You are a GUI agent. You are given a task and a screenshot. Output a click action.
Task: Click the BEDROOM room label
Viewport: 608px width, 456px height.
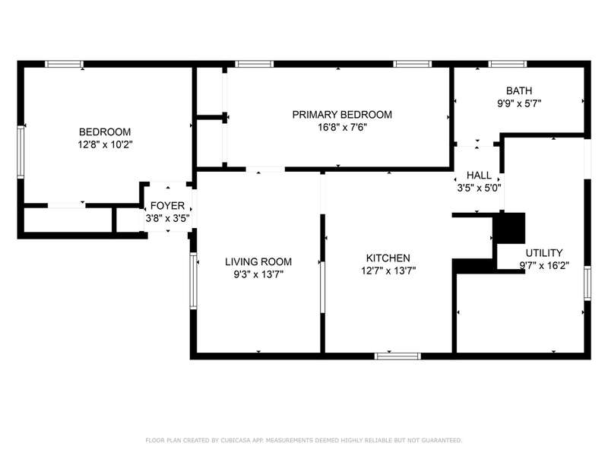click(105, 131)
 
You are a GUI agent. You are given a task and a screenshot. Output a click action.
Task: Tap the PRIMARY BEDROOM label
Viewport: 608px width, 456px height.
click(342, 115)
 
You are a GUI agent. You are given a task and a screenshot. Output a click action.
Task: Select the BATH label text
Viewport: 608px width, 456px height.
click(519, 90)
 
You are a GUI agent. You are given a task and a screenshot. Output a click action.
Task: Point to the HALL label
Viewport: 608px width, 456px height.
click(479, 176)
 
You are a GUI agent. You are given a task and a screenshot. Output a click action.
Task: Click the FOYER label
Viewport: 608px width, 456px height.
click(167, 205)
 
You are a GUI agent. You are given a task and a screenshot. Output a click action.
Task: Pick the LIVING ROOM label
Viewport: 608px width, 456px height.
click(258, 261)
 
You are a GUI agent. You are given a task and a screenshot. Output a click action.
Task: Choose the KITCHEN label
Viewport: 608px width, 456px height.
click(388, 258)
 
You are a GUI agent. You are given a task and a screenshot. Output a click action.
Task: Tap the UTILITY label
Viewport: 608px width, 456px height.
click(544, 253)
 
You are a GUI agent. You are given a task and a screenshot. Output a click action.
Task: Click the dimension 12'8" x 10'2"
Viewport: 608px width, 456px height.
click(105, 144)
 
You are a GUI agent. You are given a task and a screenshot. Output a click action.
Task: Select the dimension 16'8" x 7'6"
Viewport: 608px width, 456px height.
click(342, 127)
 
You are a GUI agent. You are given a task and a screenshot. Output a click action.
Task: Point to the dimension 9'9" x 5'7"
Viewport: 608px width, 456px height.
click(519, 103)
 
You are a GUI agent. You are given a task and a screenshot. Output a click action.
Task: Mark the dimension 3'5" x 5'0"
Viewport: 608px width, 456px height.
click(480, 188)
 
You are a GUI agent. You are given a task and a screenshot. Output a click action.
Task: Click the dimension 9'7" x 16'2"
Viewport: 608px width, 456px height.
click(544, 265)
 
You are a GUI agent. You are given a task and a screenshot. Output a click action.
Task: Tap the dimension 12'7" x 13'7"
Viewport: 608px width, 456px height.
click(388, 271)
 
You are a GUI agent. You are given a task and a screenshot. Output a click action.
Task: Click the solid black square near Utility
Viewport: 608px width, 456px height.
click(508, 228)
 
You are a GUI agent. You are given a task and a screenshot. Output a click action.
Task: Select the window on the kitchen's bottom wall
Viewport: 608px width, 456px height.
click(397, 356)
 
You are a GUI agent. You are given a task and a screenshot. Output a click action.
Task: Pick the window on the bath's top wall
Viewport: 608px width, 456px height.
click(507, 64)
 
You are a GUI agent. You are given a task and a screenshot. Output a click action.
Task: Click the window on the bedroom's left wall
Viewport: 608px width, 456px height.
click(21, 153)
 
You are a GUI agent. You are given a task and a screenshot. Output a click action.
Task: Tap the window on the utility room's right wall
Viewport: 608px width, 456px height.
click(587, 283)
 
